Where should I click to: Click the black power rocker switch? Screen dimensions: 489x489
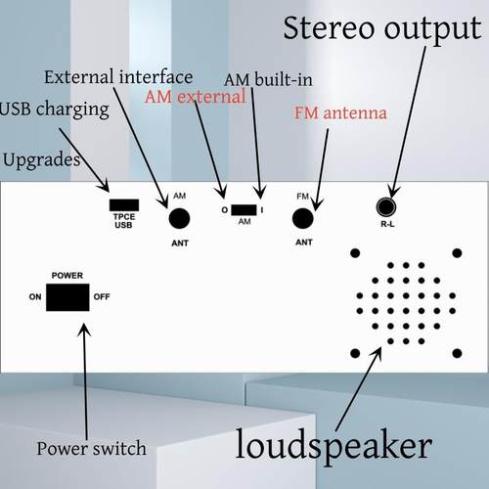pyautogui.click(x=67, y=296)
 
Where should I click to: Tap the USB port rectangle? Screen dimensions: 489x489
pyautogui.click(x=123, y=206)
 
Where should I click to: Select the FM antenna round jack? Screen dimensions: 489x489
pyautogui.click(x=303, y=217)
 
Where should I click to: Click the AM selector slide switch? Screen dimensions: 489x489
pyautogui.click(x=245, y=210)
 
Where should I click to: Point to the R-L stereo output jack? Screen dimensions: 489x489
pyautogui.click(x=387, y=206)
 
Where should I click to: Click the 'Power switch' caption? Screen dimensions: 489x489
pyautogui.click(x=91, y=449)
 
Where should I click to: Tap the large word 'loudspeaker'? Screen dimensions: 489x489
pyautogui.click(x=333, y=445)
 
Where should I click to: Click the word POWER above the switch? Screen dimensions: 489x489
pyautogui.click(x=67, y=276)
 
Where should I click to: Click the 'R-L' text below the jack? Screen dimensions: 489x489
pyautogui.click(x=387, y=224)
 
